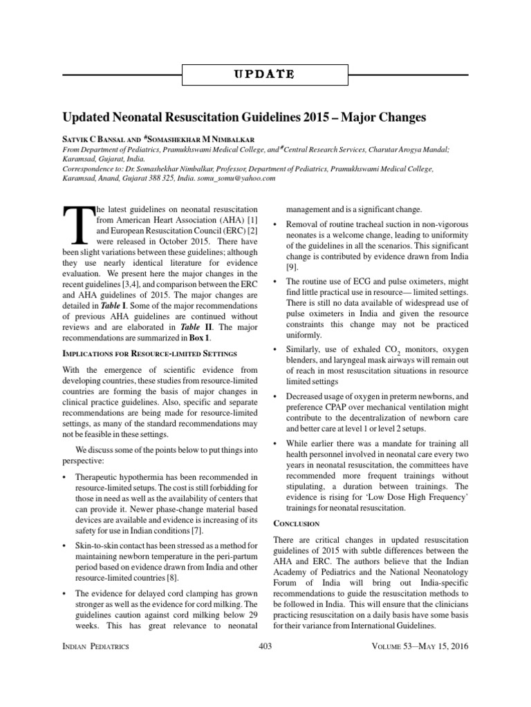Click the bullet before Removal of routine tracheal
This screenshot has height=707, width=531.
[276, 226]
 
